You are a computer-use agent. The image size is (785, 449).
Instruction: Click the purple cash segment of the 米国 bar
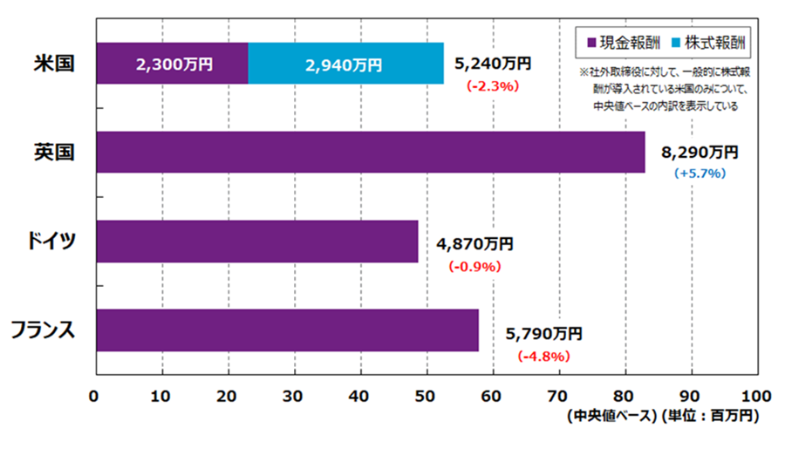point(172,64)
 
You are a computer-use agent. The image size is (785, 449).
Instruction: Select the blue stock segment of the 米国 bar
point(345,64)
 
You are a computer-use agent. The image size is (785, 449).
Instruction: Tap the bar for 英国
point(371,153)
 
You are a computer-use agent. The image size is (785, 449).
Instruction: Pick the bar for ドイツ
point(257,242)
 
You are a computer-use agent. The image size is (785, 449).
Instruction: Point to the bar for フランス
point(287,330)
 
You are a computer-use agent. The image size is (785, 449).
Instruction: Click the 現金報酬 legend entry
point(622,40)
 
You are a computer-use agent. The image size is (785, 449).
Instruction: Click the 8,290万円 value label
point(700,153)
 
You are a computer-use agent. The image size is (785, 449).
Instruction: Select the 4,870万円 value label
point(474,245)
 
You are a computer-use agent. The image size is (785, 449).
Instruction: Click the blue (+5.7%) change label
point(700,173)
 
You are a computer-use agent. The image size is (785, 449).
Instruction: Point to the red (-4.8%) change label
point(543,356)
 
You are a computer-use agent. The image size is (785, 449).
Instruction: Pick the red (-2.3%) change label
point(493,86)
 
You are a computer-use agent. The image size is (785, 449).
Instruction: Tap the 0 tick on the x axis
point(94,393)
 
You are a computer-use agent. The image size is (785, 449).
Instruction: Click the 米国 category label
point(52,64)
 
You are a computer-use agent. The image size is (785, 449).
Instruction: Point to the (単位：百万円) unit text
point(710,416)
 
